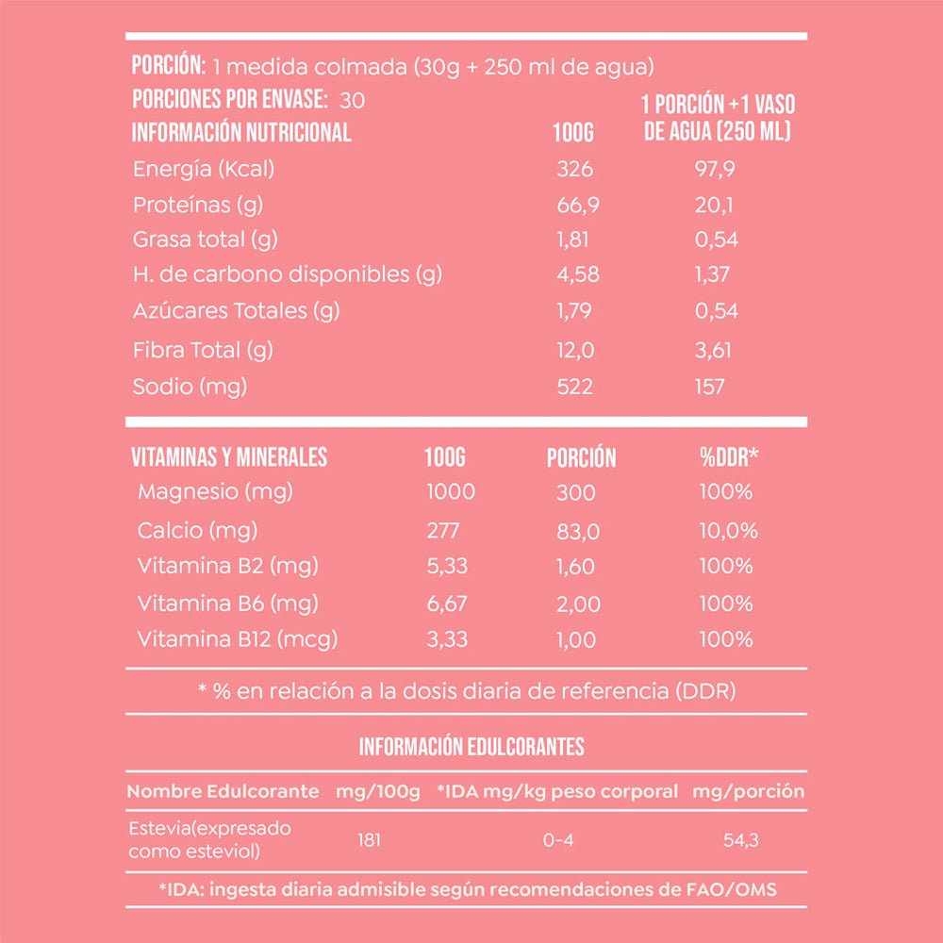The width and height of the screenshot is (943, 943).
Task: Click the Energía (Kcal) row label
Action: (x=203, y=170)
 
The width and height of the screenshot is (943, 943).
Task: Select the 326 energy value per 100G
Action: (x=574, y=170)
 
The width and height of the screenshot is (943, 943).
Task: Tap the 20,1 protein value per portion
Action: (x=714, y=205)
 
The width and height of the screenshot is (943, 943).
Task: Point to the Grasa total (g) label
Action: (x=205, y=240)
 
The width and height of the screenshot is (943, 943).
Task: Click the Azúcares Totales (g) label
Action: (x=236, y=310)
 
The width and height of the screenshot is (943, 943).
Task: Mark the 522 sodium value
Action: (x=574, y=387)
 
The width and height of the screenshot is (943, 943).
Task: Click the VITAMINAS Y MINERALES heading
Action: (x=229, y=457)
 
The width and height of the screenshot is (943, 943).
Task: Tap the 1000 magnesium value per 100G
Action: (x=451, y=491)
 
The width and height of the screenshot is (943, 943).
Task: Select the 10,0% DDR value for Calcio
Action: (x=728, y=530)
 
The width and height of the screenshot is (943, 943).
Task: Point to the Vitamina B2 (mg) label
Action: (x=227, y=566)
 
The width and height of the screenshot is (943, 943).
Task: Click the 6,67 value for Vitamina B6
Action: (x=447, y=604)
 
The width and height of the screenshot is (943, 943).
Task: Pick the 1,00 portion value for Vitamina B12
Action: (x=576, y=640)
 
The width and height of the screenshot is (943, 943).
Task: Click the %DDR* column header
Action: (x=729, y=457)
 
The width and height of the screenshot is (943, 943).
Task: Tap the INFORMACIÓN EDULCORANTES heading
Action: (x=471, y=748)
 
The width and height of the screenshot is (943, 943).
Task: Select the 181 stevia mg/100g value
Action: (x=370, y=839)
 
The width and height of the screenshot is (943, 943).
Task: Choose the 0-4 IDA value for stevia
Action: (x=558, y=839)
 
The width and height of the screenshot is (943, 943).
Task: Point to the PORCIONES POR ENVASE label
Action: (x=229, y=100)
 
